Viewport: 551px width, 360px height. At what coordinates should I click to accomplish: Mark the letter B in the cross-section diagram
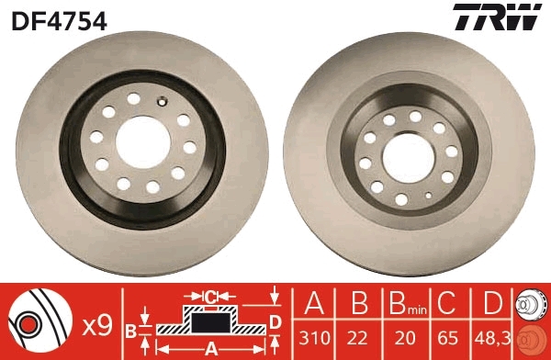[131, 329]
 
